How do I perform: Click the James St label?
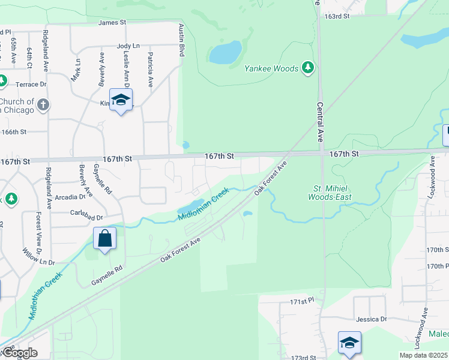pos(112,22)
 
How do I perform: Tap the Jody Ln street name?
pos(128,46)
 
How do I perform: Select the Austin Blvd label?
pos(181,40)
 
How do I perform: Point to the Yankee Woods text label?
pos(271,68)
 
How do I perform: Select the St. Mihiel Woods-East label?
pos(330,192)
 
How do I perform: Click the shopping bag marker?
pos(105,239)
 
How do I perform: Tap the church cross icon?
pos(43,105)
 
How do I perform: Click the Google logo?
pos(19,353)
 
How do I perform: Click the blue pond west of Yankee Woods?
pos(226,53)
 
